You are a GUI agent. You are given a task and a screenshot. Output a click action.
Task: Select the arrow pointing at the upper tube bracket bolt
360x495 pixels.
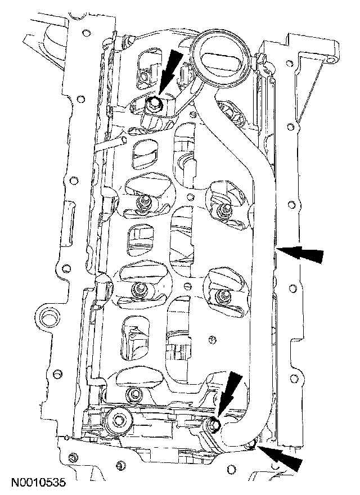(x=171, y=68)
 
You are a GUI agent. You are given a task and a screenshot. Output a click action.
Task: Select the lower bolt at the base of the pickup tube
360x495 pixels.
(x=214, y=425)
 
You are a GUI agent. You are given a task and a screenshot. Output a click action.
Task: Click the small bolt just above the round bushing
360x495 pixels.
(x=133, y=394)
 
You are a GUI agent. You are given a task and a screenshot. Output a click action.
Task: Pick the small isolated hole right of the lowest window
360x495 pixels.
(x=212, y=339)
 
